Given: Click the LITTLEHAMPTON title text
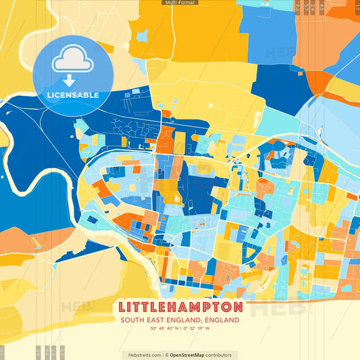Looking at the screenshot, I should (179, 306).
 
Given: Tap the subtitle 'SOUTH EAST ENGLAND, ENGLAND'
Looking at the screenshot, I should (179, 320).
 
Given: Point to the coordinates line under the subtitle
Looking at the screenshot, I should (179, 329).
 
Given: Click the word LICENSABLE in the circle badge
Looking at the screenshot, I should (73, 95).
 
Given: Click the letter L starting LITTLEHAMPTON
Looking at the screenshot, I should (122, 306).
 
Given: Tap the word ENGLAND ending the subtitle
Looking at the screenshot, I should (223, 320).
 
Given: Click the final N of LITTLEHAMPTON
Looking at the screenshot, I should (236, 306).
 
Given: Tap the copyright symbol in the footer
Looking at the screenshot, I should (166, 355).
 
